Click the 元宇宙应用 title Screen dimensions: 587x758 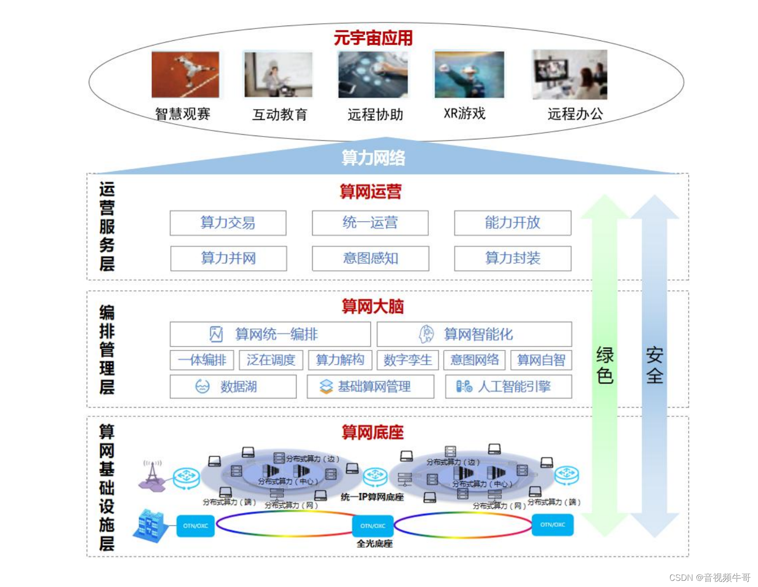tap(373, 38)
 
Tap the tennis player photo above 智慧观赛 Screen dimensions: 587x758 tap(185, 74)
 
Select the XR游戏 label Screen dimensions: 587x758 tap(464, 114)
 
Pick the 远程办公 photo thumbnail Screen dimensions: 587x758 tap(569, 74)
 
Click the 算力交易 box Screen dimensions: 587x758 tap(228, 223)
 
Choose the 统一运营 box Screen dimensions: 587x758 tap(370, 223)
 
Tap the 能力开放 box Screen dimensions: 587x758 tap(512, 223)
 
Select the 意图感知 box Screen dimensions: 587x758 tap(370, 258)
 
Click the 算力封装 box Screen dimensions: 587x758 tap(512, 258)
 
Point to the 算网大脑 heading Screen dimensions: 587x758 tap(373, 307)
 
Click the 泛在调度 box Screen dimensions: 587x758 tap(271, 360)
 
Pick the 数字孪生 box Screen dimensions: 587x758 tap(407, 360)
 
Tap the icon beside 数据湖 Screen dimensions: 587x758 tap(203, 386)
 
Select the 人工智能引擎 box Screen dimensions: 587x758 tap(508, 386)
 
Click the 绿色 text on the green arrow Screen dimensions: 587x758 tap(605, 365)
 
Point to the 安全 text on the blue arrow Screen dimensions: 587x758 tap(655, 365)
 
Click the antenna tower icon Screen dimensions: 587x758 tap(152, 474)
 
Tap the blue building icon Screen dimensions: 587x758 tap(151, 525)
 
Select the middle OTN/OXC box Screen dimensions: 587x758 tap(373, 526)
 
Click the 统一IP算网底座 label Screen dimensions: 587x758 tap(372, 497)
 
